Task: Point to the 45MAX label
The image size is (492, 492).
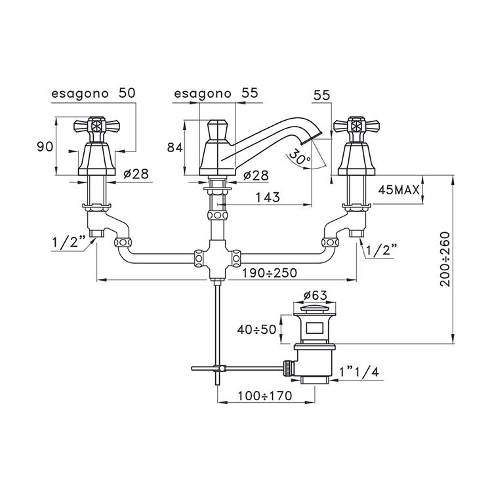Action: [399, 190]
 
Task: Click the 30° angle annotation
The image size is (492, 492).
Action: [299, 159]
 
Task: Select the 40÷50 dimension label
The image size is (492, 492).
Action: [258, 329]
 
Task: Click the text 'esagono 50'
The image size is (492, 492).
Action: [94, 94]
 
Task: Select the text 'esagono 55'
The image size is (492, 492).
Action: [216, 94]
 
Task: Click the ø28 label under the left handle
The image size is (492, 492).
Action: [136, 175]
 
